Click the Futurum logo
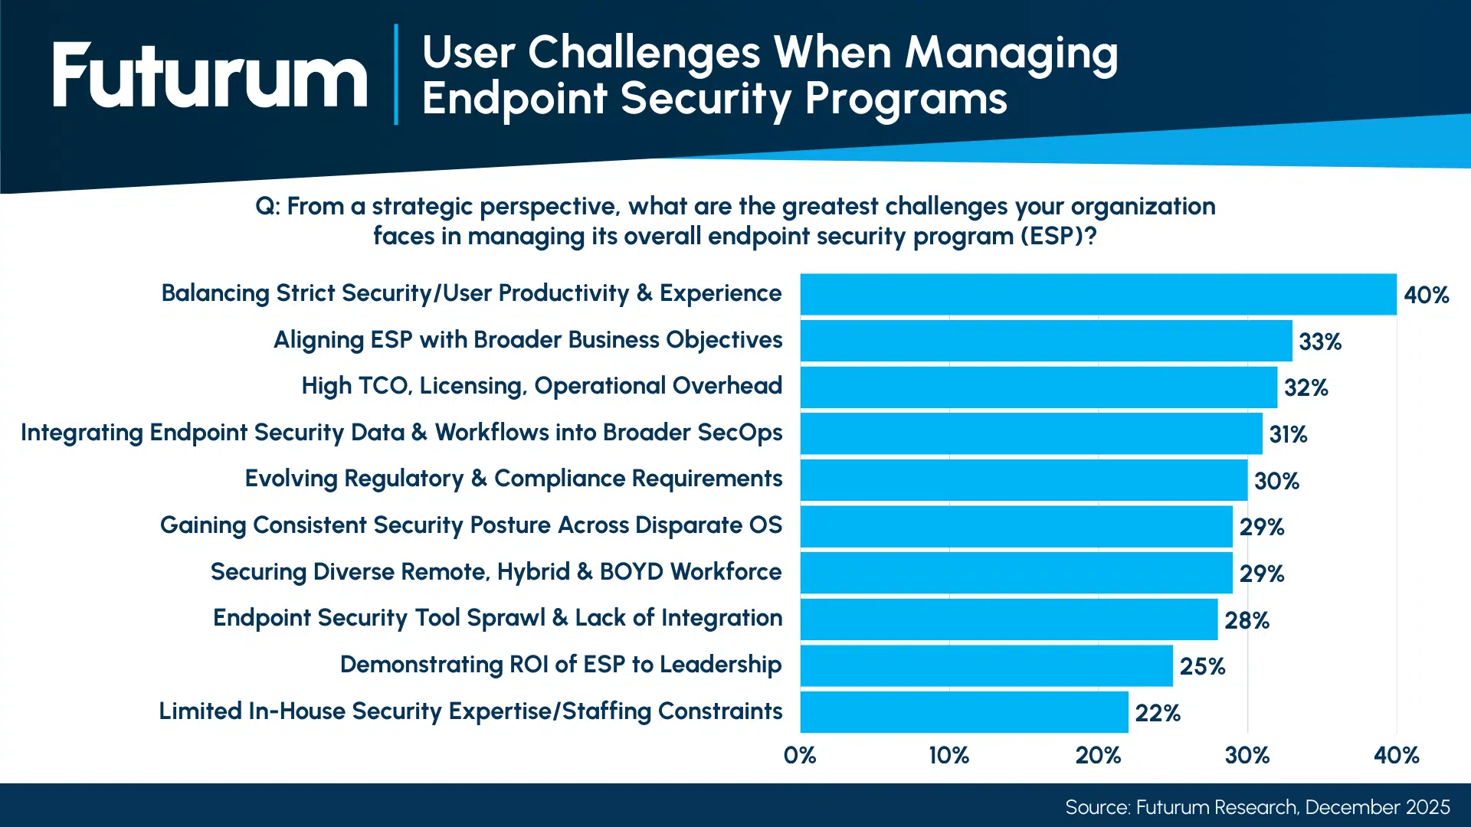point(210,75)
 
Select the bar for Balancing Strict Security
point(1098,294)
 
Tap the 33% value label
point(1320,342)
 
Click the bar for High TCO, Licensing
point(1038,387)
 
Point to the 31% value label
point(1288,434)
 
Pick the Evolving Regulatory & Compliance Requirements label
point(513,479)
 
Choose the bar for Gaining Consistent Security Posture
point(1016,527)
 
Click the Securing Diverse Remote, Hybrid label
point(496,572)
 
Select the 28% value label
point(1247,620)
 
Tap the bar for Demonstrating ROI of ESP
point(986,666)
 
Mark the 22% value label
point(1158,713)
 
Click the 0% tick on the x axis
point(800,756)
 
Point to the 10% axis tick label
point(948,756)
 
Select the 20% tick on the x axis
point(1098,756)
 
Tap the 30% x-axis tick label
point(1247,756)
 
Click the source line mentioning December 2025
point(1257,807)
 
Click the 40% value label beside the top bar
point(1426,295)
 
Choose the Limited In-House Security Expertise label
point(470,711)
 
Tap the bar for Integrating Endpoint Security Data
point(1030,434)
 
